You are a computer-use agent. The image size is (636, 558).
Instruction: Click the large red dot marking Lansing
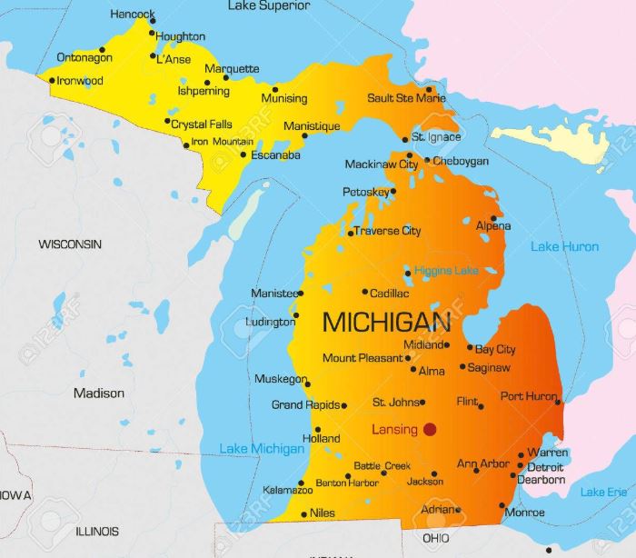click(x=430, y=429)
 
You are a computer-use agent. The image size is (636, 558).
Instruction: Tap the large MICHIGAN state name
click(x=386, y=322)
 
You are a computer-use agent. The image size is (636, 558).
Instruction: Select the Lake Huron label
click(x=564, y=246)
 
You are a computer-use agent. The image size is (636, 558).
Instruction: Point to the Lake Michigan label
click(x=262, y=449)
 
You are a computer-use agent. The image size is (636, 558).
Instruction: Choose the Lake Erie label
click(x=604, y=492)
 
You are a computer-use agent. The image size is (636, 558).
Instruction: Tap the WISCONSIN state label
click(x=70, y=244)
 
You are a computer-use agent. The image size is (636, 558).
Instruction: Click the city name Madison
click(x=99, y=394)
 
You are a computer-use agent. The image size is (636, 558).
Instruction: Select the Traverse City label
click(x=387, y=231)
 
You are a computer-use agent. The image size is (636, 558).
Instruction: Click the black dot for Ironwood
click(x=52, y=80)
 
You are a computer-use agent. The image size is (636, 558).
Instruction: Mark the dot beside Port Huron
click(x=558, y=402)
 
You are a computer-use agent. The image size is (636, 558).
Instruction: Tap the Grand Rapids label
click(x=304, y=404)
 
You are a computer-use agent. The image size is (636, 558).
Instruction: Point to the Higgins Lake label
click(x=446, y=271)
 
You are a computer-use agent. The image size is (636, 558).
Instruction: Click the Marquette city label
click(x=232, y=69)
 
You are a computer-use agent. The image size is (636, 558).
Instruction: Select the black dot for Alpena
click(x=493, y=218)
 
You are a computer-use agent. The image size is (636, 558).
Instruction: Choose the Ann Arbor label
click(x=482, y=463)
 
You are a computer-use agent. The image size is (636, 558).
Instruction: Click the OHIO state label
click(x=435, y=538)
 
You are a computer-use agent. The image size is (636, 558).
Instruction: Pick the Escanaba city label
click(x=274, y=155)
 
